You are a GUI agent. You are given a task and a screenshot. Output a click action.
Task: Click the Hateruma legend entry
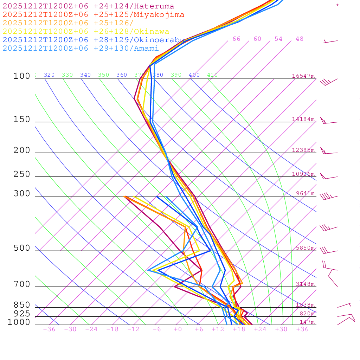click(88, 6)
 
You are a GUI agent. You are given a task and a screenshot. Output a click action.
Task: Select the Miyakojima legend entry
click(93, 15)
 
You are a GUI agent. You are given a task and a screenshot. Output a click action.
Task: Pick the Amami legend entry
click(81, 49)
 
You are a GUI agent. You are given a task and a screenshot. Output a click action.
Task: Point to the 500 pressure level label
click(22, 248)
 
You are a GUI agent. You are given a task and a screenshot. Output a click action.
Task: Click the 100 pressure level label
click(22, 76)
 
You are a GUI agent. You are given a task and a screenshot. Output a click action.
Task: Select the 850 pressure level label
click(22, 305)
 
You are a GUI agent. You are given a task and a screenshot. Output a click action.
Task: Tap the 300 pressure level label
click(22, 194)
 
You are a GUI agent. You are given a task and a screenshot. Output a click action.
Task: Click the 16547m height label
click(303, 76)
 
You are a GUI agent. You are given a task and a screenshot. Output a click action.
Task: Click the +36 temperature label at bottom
click(302, 329)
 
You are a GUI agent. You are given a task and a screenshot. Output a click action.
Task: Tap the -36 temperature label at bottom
click(49, 329)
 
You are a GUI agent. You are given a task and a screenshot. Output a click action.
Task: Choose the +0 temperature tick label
click(178, 329)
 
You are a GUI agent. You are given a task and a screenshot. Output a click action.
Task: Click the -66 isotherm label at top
click(234, 39)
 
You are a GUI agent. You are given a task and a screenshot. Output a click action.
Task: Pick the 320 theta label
click(49, 75)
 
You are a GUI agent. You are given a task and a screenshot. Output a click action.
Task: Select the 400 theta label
click(194, 75)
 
